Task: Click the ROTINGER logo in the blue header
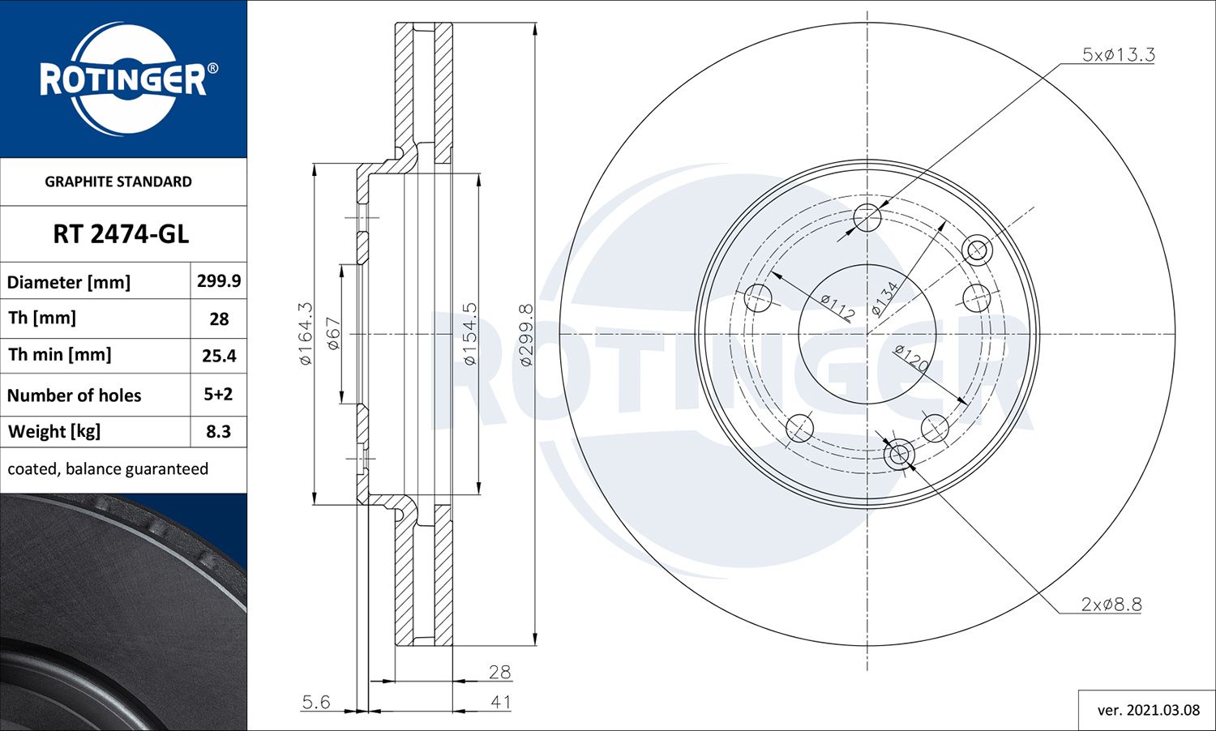coord(124,79)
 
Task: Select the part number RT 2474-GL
coord(121,234)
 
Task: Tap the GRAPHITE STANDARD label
coord(118,182)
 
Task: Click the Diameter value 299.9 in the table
coord(219,280)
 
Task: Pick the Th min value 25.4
coord(219,356)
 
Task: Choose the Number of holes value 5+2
coord(218,394)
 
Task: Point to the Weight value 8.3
coord(218,431)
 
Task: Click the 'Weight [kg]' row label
coord(54,431)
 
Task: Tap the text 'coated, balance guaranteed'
coord(108,468)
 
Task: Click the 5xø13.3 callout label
coord(1118,54)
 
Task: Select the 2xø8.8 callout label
coord(1111,604)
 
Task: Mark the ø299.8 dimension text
coord(526,334)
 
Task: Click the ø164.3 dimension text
coord(305,333)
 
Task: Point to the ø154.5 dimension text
coord(470,333)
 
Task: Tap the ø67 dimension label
coord(333,333)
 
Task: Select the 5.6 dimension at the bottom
coord(315,702)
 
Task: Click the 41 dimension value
coord(500,702)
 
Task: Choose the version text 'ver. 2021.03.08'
coord(1148,710)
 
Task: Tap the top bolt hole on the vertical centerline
coord(867,217)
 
